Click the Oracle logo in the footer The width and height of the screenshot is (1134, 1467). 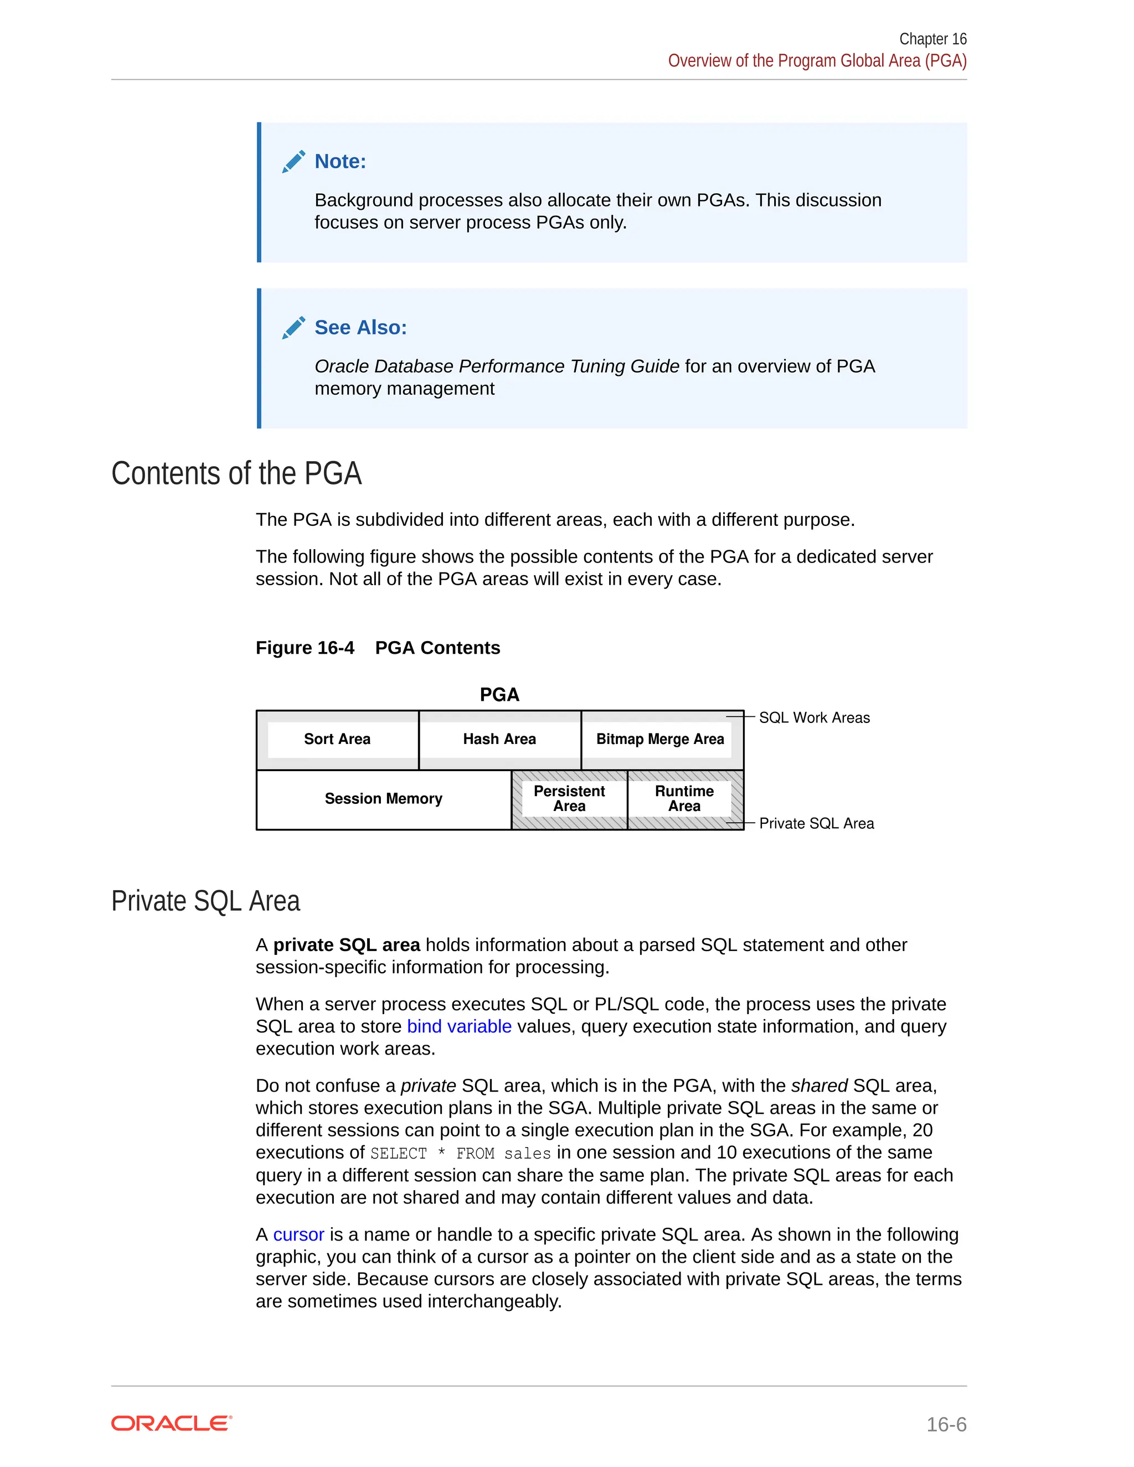tap(171, 1423)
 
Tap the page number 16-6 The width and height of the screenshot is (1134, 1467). tap(946, 1424)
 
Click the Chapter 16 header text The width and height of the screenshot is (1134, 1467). tap(932, 39)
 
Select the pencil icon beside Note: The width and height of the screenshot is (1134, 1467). tap(293, 161)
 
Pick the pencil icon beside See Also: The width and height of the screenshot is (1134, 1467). tap(293, 327)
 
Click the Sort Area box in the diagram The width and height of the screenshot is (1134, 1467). tap(337, 739)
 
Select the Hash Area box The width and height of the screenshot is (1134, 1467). tap(499, 739)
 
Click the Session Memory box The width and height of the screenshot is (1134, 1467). tap(383, 799)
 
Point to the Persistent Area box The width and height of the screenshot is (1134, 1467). tap(569, 799)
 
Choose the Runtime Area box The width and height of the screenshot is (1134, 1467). tap(684, 799)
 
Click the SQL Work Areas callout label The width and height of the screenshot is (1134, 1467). tap(814, 717)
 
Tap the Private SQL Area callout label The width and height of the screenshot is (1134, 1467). tap(816, 824)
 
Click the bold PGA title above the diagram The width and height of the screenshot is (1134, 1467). tap(499, 695)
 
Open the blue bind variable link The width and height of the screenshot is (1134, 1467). tap(459, 1026)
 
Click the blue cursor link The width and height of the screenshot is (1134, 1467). tap(298, 1234)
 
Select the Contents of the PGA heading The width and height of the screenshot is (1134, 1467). tap(236, 473)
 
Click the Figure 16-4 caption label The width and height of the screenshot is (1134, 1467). tap(305, 648)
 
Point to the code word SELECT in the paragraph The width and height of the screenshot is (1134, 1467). tap(398, 1153)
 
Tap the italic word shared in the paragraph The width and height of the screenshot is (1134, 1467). tap(819, 1086)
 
